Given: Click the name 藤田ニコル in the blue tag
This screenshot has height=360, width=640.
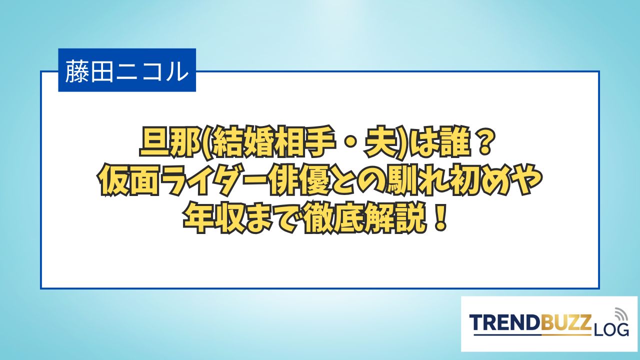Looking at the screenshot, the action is pyautogui.click(x=127, y=70).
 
